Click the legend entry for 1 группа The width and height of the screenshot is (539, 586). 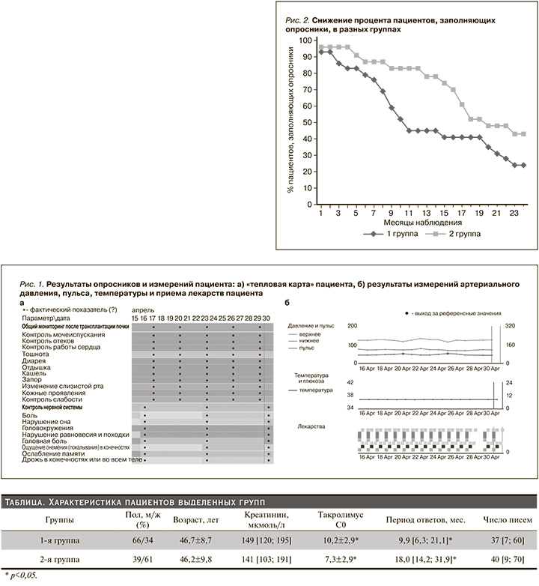pyautogui.click(x=401, y=234)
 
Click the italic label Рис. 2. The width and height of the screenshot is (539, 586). pyautogui.click(x=299, y=19)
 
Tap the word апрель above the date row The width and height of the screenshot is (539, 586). pyautogui.click(x=144, y=309)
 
